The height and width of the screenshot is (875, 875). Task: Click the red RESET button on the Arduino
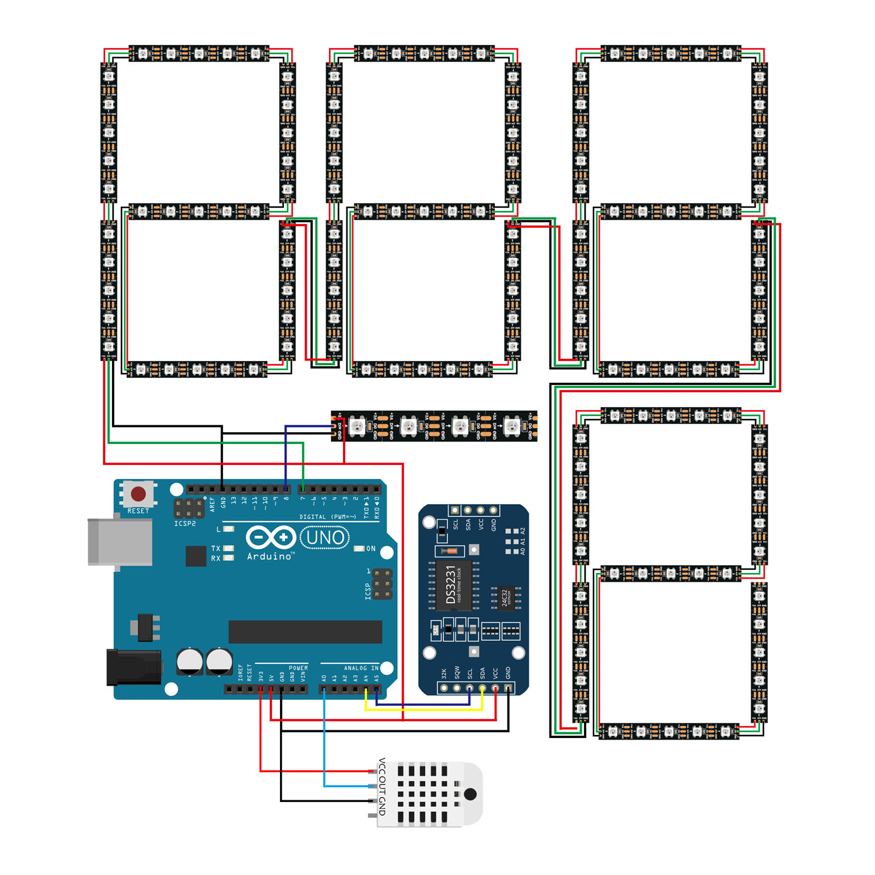click(x=138, y=494)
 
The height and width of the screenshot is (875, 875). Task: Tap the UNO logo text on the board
click(x=325, y=537)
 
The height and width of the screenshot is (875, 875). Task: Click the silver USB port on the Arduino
click(x=119, y=542)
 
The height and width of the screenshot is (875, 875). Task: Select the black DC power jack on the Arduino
click(x=134, y=667)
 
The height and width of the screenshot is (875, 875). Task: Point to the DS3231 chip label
click(x=451, y=584)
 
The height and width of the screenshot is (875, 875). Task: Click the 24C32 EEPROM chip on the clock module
click(x=505, y=597)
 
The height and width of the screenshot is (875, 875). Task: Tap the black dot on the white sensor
click(x=470, y=794)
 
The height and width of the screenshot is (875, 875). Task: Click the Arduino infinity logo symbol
click(x=271, y=537)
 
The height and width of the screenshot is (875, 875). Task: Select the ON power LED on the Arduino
click(x=359, y=549)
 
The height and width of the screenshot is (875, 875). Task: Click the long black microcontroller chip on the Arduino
click(x=305, y=632)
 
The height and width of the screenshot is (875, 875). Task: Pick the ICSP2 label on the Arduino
click(x=185, y=524)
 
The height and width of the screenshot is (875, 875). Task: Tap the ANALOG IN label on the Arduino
click(x=361, y=668)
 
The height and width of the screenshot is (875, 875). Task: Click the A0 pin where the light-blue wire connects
click(x=324, y=689)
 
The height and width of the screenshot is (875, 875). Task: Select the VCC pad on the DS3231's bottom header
click(x=495, y=688)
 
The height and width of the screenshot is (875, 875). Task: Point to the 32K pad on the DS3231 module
click(x=444, y=688)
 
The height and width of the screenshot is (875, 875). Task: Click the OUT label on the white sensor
click(x=382, y=786)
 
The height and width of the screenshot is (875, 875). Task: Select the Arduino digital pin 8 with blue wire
click(x=286, y=489)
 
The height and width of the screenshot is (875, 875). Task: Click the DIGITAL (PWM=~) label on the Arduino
click(x=327, y=517)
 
